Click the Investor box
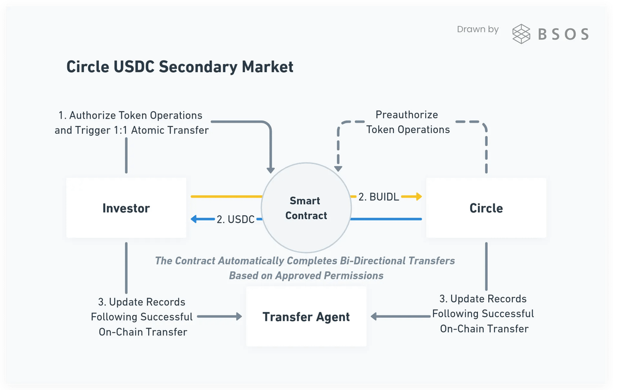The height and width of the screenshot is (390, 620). [126, 208]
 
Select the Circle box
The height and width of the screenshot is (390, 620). [486, 208]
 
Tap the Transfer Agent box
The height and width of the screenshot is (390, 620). [306, 316]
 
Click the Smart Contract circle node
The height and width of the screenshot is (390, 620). [306, 208]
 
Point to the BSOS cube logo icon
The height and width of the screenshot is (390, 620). [521, 34]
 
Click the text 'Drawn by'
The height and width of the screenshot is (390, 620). [478, 29]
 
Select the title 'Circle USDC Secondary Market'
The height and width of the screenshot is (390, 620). [180, 67]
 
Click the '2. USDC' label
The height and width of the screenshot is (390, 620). [235, 219]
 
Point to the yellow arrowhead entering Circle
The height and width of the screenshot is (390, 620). [418, 197]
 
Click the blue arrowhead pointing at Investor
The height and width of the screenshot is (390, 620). [195, 219]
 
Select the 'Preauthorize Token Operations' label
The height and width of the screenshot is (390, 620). [408, 122]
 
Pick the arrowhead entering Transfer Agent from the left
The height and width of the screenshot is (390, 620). [238, 317]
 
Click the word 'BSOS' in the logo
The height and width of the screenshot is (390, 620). [563, 34]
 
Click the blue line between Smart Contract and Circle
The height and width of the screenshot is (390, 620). [386, 219]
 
